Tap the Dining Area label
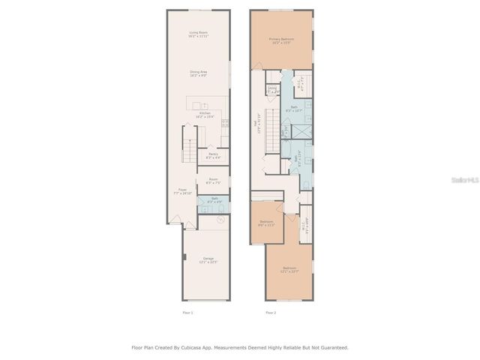coord(198,73)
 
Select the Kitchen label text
coord(205,115)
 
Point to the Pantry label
coord(213,156)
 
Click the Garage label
coord(208,260)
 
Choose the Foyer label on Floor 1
coord(182,191)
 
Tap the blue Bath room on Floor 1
coord(213,200)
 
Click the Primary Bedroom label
coord(282,40)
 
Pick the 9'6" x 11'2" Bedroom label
coord(266,223)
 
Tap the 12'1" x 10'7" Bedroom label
coord(289,269)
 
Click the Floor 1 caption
coord(187,312)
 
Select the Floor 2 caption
coord(271,312)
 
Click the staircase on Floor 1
coord(190,143)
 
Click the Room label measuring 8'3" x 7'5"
coord(213,181)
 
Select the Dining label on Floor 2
coord(272,90)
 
